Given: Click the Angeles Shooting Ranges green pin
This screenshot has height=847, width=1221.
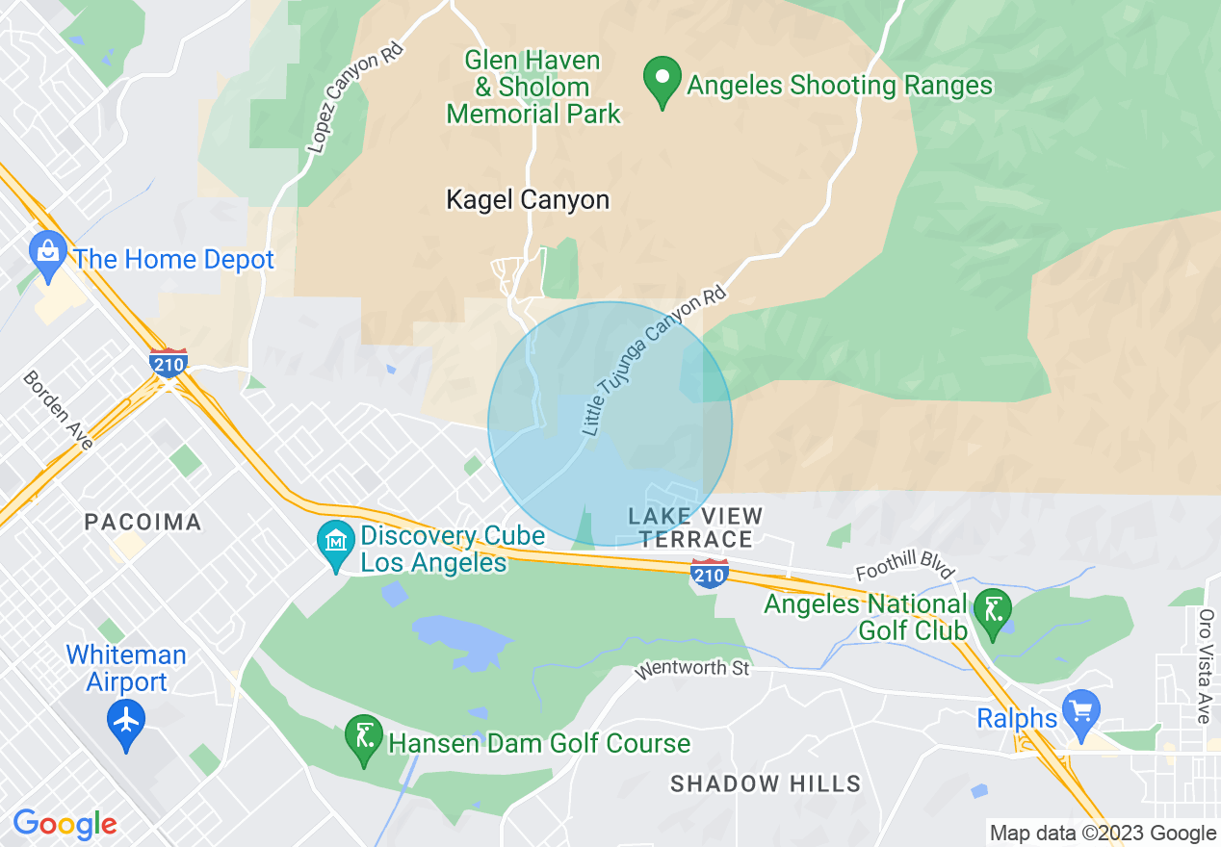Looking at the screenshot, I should pos(662,81).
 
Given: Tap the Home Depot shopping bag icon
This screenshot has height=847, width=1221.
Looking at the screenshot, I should pos(46,252).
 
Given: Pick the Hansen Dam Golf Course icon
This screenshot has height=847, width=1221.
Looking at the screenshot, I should pos(363,740).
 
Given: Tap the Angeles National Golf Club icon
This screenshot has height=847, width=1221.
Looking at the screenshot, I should pos(993,610).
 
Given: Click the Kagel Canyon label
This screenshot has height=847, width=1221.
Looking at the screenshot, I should pos(528,200).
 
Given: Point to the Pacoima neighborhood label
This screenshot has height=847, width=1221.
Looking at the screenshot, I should pos(143,523).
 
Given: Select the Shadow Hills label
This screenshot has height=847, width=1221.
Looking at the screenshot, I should pos(766,783).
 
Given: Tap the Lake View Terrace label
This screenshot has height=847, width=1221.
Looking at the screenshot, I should pos(695,527).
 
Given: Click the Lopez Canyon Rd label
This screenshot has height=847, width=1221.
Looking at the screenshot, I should pos(352,98).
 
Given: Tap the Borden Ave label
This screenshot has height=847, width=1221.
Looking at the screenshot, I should pos(59,410).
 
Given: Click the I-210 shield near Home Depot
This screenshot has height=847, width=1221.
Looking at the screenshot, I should pos(169,363).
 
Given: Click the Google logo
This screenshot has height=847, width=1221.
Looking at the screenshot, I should pos(65,824).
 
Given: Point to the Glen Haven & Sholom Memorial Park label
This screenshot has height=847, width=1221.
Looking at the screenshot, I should pos(533,87).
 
